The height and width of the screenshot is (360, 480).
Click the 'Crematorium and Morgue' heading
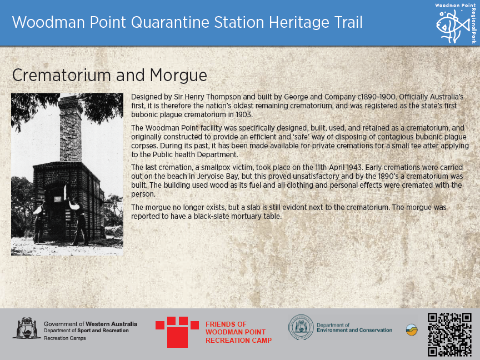tap(109, 76)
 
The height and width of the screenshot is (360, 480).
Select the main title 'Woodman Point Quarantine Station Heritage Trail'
tap(187, 23)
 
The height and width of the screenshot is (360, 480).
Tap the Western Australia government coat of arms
tap(26, 328)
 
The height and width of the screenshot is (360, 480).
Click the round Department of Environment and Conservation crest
tap(300, 328)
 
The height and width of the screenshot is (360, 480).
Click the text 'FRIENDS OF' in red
tap(226, 324)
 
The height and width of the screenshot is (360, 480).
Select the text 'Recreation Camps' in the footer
tap(64, 338)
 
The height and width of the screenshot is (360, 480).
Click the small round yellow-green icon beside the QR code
tap(412, 330)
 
